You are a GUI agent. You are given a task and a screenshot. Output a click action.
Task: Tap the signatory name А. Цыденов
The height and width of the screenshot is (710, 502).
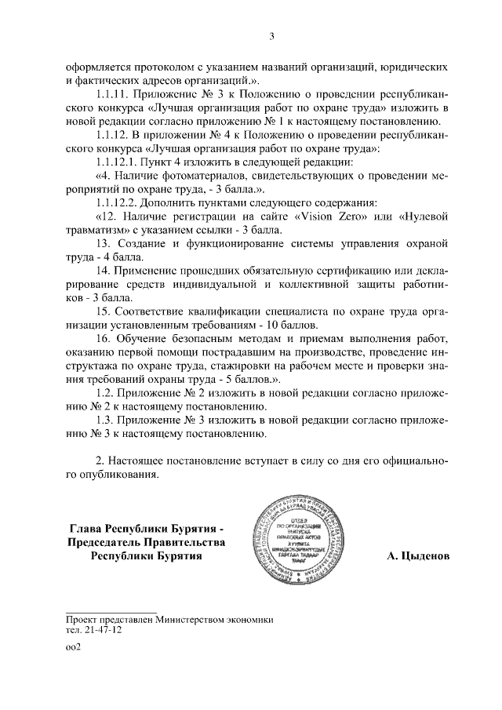click(x=418, y=555)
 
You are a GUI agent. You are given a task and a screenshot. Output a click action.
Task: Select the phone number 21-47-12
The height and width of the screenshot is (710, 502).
click(x=100, y=629)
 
